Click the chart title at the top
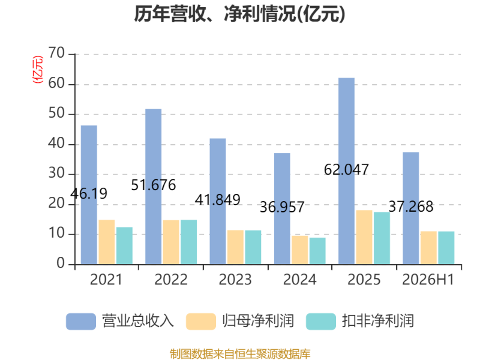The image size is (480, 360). (239, 14)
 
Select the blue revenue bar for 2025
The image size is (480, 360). (347, 171)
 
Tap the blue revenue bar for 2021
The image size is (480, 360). (89, 194)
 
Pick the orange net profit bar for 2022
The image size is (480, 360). (171, 242)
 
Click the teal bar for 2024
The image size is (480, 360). (317, 251)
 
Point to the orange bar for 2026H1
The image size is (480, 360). (428, 248)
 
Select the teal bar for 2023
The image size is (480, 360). (253, 247)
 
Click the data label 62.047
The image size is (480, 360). (346, 170)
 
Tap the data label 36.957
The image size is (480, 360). (282, 207)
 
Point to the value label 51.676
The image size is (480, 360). (154, 185)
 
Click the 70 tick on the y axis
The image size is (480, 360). (56, 53)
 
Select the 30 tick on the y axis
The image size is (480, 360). (56, 173)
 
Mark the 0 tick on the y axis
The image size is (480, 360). (61, 263)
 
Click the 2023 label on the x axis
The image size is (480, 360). (235, 280)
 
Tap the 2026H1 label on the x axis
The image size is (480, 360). (428, 280)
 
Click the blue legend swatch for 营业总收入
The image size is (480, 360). (81, 322)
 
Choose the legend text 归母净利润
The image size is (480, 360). (258, 321)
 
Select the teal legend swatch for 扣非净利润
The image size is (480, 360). (321, 322)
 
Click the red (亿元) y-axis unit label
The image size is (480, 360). (38, 70)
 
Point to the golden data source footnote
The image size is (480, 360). (240, 354)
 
